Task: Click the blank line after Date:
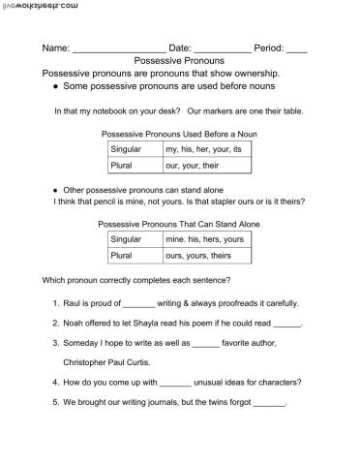coord(222,48)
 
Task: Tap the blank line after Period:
coord(297,48)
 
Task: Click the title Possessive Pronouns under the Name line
coord(179,60)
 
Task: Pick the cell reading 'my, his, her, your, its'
coord(209,150)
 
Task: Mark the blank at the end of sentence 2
coord(288,325)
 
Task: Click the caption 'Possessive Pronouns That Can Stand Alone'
coord(179,224)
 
